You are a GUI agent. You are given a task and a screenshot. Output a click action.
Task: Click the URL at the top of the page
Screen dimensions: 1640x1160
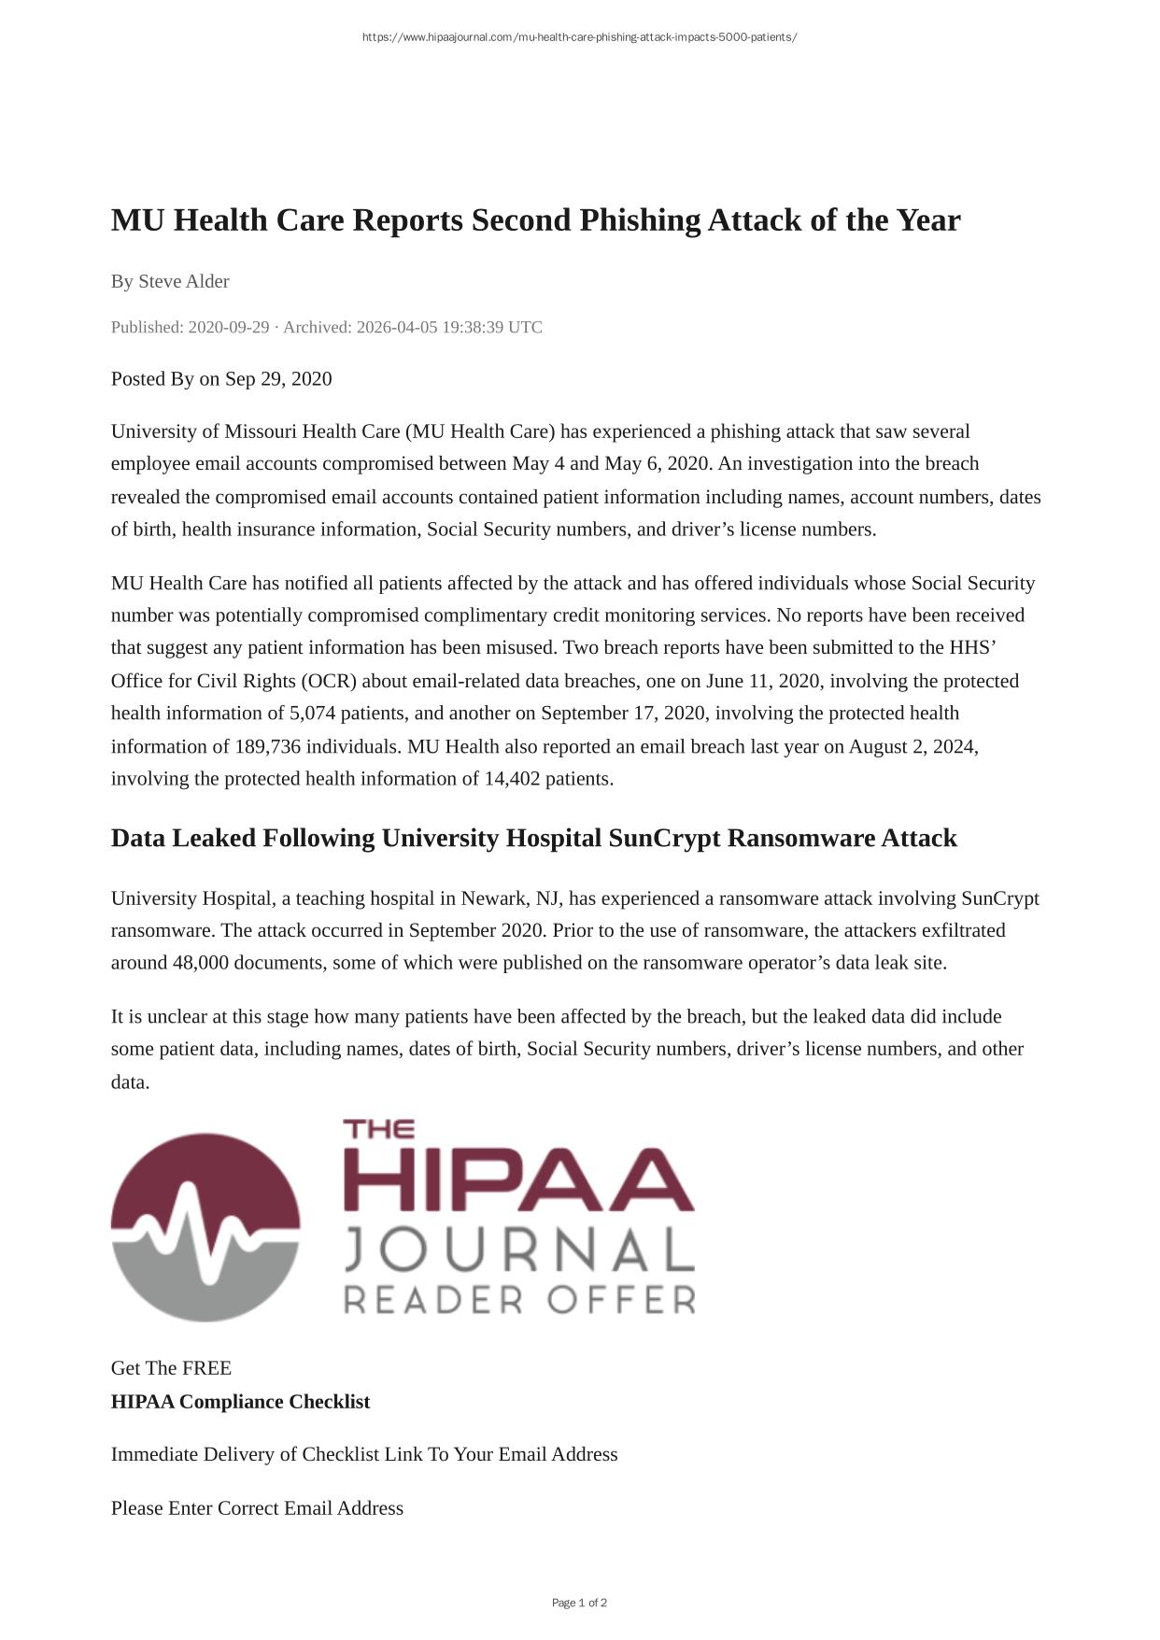tap(579, 37)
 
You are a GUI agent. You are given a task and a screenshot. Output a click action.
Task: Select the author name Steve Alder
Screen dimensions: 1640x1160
tap(184, 281)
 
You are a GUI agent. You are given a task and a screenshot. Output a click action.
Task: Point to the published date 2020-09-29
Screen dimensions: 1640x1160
tap(228, 327)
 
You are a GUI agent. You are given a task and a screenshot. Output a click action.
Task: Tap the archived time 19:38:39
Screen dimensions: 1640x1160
tap(471, 327)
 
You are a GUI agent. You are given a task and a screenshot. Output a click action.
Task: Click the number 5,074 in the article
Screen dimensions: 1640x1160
tap(312, 714)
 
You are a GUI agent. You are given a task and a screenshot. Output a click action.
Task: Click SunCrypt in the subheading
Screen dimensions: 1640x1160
tap(664, 838)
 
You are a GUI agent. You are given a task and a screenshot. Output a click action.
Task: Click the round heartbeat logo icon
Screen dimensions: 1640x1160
tap(205, 1227)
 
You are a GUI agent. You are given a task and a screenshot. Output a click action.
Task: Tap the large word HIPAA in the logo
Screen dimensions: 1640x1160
tap(518, 1181)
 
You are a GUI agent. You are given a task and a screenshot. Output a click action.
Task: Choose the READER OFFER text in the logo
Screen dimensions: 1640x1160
tap(520, 1299)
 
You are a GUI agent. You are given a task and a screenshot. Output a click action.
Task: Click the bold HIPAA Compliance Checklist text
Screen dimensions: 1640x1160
tap(240, 1402)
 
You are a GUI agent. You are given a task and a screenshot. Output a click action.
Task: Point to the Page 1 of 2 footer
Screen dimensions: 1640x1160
tap(579, 1603)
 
